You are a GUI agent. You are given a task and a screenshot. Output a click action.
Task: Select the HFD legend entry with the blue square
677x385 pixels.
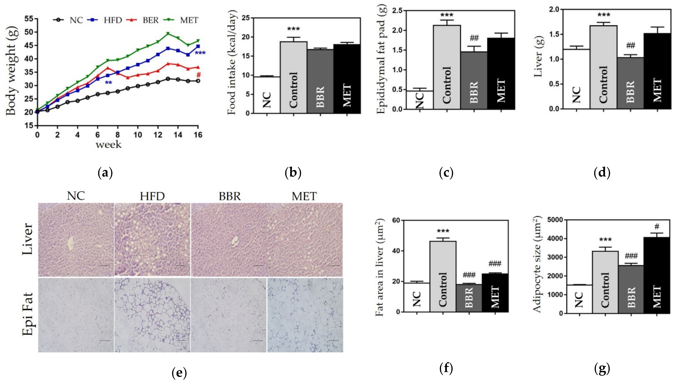pyautogui.click(x=112, y=20)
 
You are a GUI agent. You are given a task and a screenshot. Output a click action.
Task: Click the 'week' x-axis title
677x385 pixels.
pyautogui.click(x=108, y=145)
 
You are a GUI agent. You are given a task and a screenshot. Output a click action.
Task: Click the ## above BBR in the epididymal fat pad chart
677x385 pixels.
pyautogui.click(x=474, y=39)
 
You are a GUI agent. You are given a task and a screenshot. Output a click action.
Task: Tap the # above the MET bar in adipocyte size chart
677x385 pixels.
pyautogui.click(x=657, y=227)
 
